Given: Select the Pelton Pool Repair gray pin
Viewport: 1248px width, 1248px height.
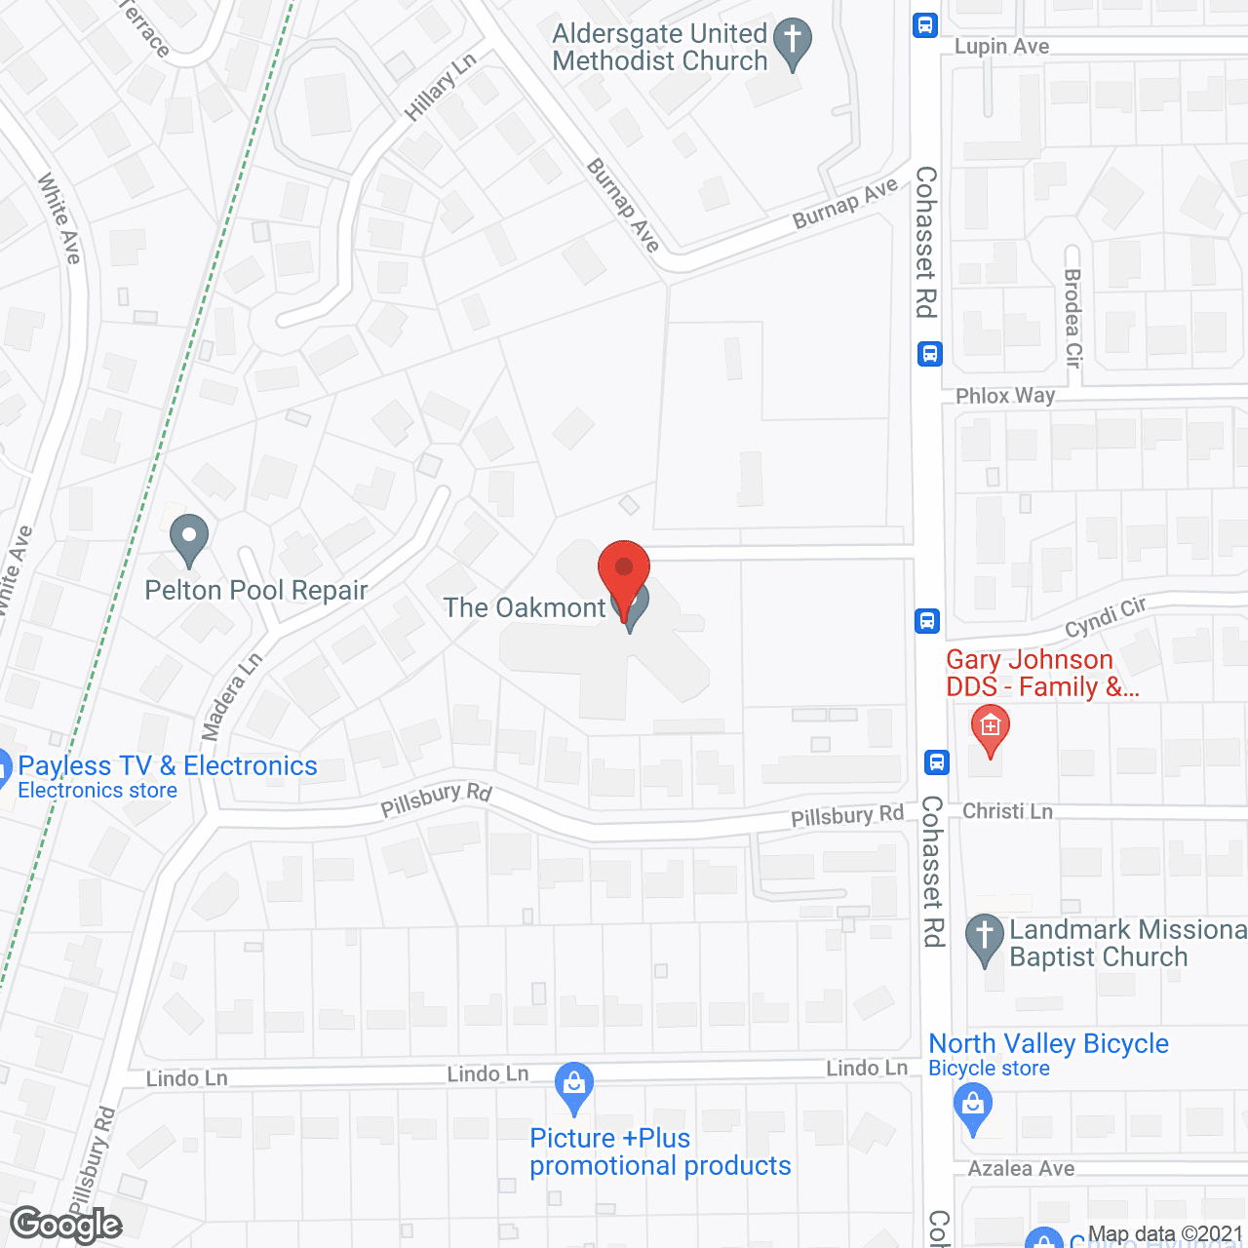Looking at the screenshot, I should click(x=189, y=538).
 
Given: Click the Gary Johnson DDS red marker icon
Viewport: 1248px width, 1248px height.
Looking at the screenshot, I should click(x=990, y=730).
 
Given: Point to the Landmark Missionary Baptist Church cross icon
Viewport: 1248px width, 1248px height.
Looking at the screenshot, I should click(x=985, y=937).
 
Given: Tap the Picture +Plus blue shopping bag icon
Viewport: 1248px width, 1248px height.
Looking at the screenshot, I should click(x=574, y=1085).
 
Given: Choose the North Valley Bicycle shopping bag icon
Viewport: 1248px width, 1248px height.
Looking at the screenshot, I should click(x=972, y=1108).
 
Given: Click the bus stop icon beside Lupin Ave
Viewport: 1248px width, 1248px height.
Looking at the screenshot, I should click(x=924, y=25).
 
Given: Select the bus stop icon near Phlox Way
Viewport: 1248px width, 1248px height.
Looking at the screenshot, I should click(x=929, y=353).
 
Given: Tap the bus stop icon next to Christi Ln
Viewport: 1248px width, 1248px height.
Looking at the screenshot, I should click(x=937, y=761).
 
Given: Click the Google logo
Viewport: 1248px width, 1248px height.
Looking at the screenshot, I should click(x=66, y=1225).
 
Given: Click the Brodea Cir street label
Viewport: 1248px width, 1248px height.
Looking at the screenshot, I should click(x=1073, y=318).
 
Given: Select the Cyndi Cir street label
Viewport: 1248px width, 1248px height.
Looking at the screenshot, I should click(x=1105, y=617).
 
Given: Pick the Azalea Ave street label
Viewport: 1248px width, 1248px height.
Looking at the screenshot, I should click(x=1021, y=1168).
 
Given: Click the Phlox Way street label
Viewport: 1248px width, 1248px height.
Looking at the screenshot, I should click(x=1004, y=396).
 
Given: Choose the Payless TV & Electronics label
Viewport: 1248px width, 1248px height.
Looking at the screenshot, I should click(x=167, y=766).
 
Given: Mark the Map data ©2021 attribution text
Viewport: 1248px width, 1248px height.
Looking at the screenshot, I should click(x=1165, y=1234).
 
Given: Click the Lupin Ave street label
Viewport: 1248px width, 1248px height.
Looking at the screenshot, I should click(x=1001, y=47).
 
